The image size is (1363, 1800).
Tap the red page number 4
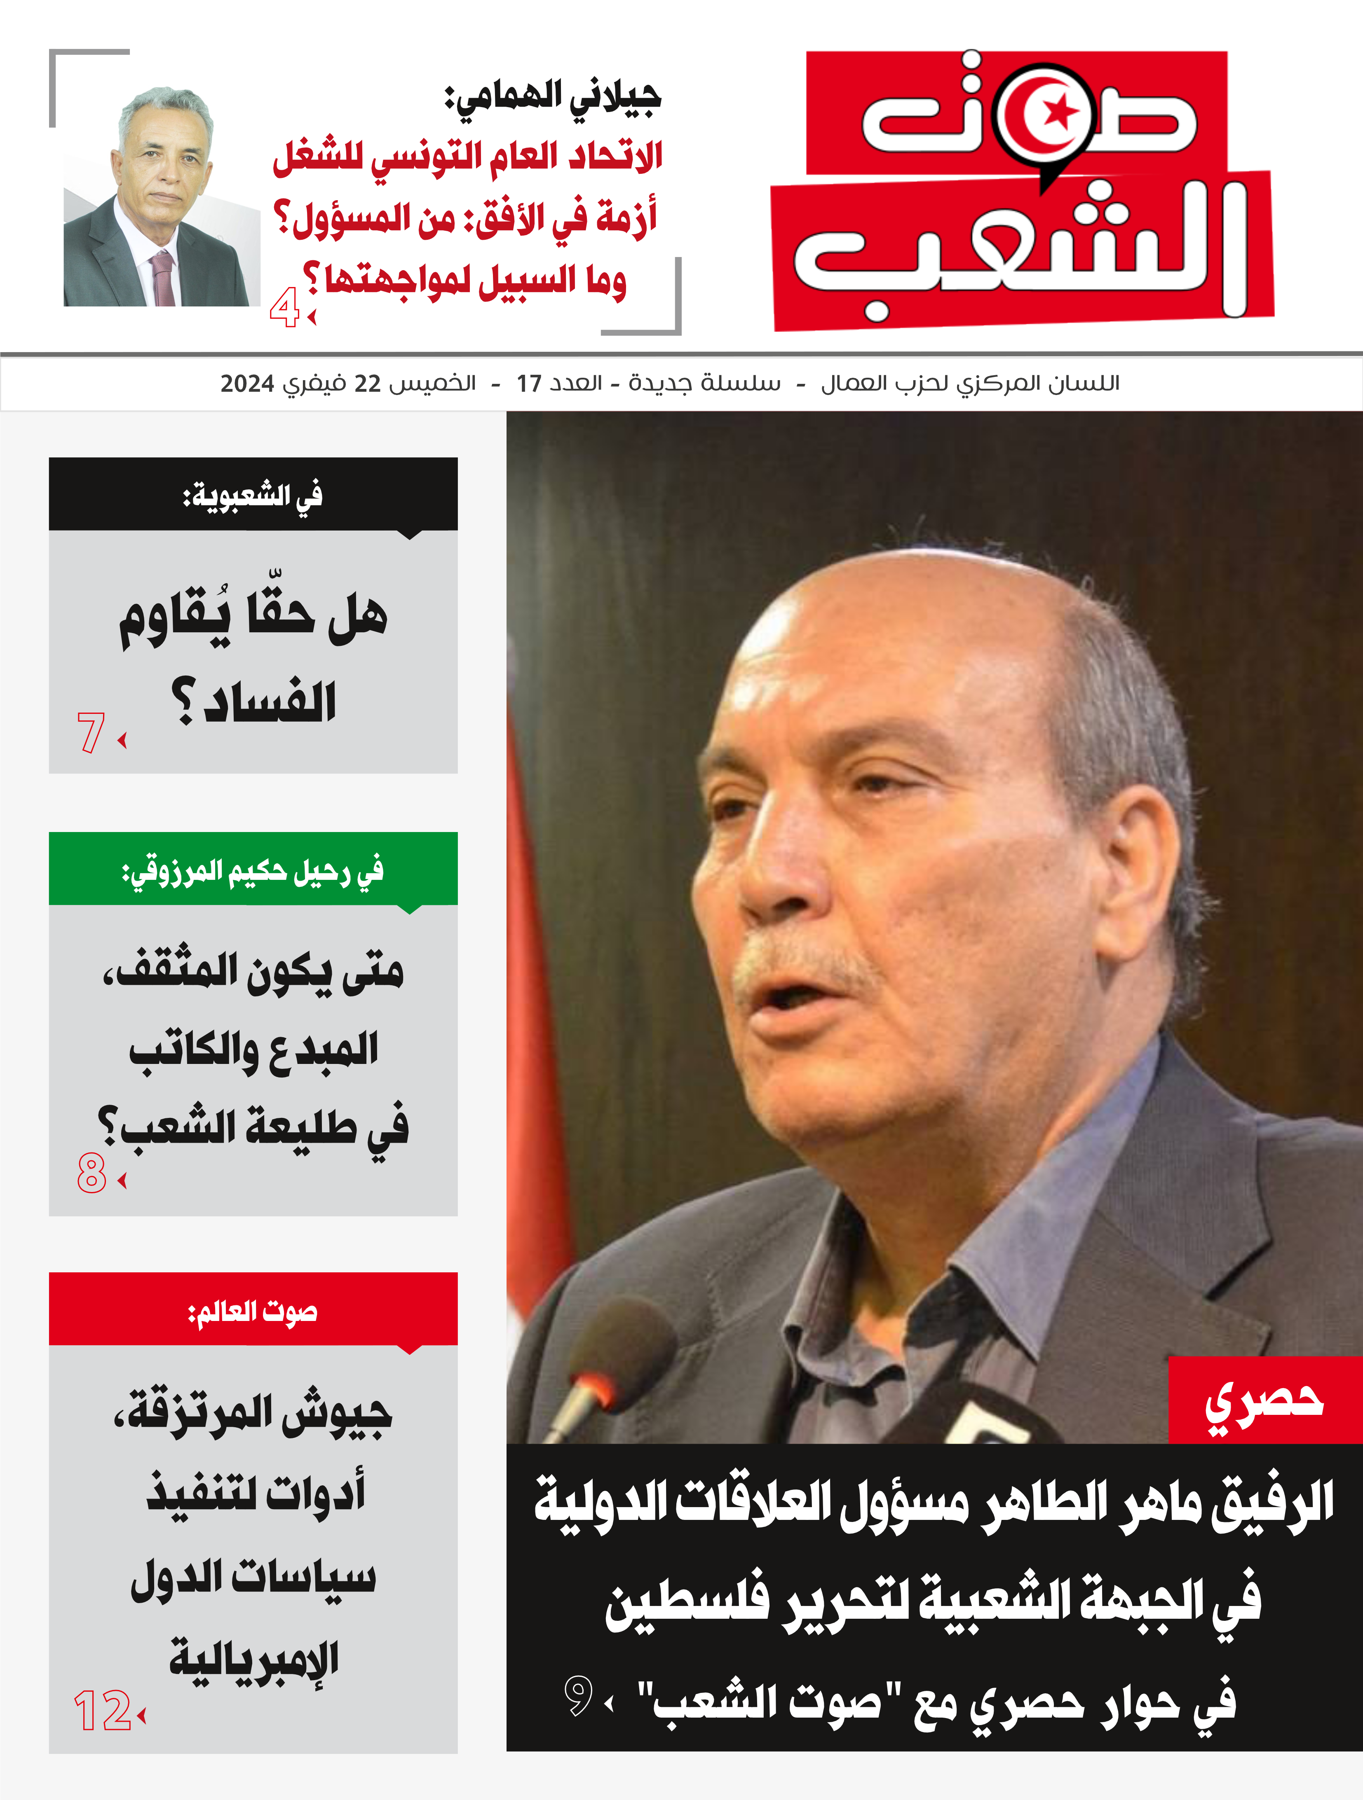pos(284,309)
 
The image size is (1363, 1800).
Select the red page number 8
pos(91,1174)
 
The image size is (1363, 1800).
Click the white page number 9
pos(578,1697)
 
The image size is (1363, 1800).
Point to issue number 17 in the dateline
pos(529,383)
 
